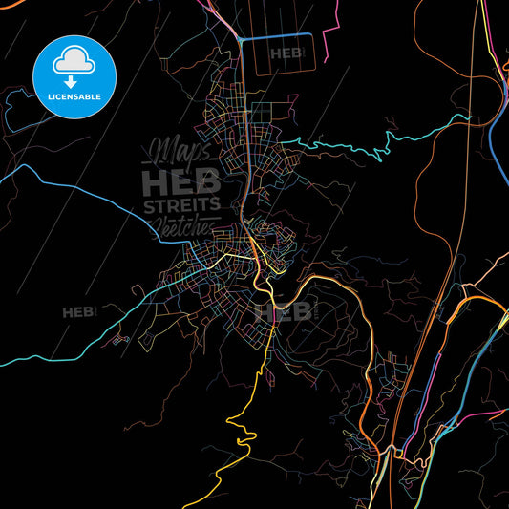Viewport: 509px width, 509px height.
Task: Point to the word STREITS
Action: (181, 205)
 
